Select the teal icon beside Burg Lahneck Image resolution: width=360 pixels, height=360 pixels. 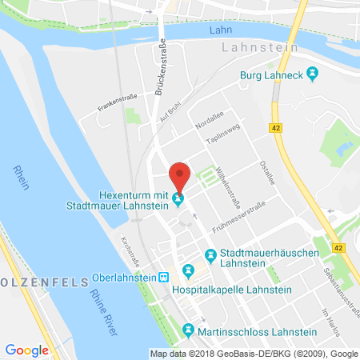point(313,76)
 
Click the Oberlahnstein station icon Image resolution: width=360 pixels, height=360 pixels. point(164,277)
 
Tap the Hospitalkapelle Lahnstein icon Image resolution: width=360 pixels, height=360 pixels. point(189,270)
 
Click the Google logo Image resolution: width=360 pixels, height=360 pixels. point(27,350)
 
